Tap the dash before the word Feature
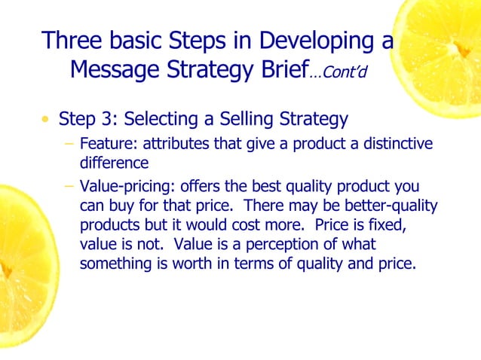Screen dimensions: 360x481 pos(69,144)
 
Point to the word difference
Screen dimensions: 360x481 pos(113,161)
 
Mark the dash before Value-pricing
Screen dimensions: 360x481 pos(69,186)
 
